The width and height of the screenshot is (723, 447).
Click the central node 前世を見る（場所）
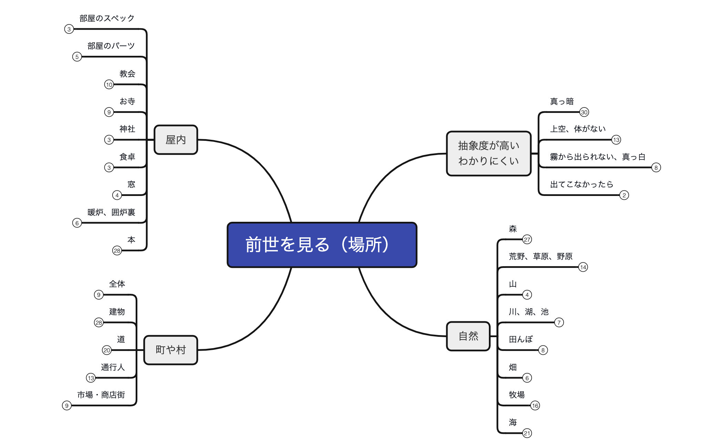click(322, 245)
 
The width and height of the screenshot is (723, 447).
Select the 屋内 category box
click(176, 140)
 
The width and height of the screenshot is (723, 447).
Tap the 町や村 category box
click(170, 350)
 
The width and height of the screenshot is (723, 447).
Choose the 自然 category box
click(468, 336)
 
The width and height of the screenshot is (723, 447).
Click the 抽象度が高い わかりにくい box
click(489, 153)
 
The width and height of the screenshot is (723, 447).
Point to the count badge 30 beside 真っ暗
click(584, 112)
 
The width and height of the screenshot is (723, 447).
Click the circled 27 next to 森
click(527, 239)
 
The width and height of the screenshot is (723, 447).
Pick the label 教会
click(127, 74)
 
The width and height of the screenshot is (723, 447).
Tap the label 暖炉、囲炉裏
click(111, 212)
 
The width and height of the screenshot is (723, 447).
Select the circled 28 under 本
click(117, 251)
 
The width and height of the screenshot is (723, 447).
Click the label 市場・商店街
click(101, 395)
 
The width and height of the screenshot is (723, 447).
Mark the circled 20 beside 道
click(107, 350)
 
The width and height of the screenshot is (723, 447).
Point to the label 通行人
click(113, 367)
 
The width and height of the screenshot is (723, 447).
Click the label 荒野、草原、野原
click(541, 256)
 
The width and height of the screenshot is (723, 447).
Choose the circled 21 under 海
click(527, 433)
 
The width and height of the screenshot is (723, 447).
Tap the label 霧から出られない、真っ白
click(597, 157)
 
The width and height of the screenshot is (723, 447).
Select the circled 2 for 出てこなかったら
click(624, 195)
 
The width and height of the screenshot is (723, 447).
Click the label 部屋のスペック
click(107, 18)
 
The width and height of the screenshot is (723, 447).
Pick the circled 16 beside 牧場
click(535, 406)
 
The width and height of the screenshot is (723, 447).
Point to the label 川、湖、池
click(528, 312)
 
